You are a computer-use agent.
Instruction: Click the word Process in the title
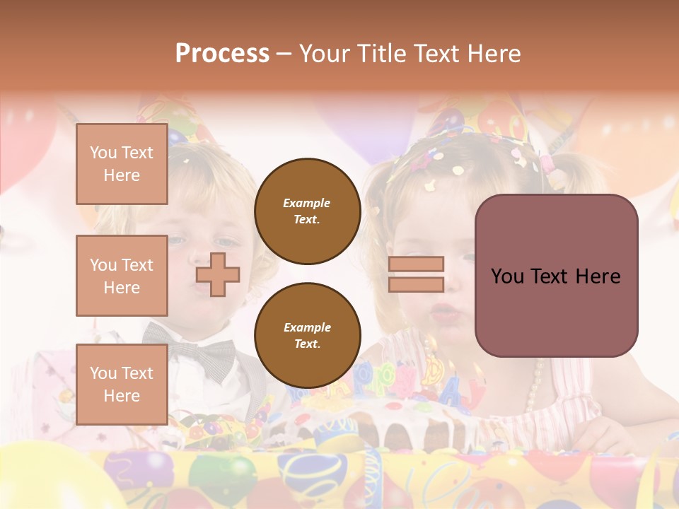(222, 54)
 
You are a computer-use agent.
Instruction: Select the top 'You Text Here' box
(122, 164)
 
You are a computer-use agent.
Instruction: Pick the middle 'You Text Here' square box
(122, 276)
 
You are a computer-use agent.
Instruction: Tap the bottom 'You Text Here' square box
(122, 384)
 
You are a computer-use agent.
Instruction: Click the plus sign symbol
(218, 274)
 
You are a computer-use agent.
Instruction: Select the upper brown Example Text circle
(307, 211)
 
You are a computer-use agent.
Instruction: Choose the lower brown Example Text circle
(307, 336)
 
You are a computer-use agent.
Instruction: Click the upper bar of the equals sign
(417, 264)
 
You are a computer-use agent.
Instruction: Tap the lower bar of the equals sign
(417, 285)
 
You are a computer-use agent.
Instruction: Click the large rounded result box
(556, 276)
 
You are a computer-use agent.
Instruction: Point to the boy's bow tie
(190, 351)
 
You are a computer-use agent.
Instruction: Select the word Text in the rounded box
(555, 276)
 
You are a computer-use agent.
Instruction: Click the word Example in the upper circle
(307, 203)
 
